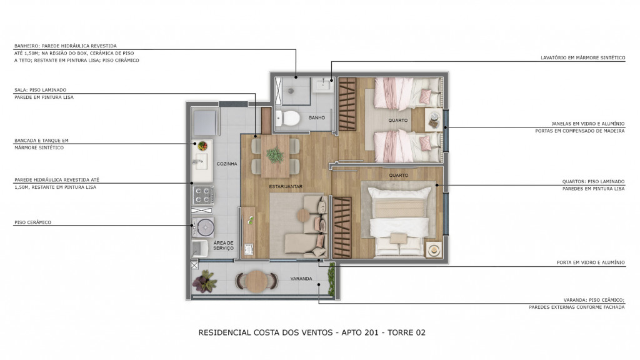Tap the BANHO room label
[x=317, y=117]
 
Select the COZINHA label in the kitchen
[x=227, y=164]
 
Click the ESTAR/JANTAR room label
[x=286, y=186]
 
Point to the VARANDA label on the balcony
[x=301, y=278]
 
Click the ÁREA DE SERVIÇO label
[x=223, y=245]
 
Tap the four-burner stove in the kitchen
[x=203, y=195]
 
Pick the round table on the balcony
[x=256, y=281]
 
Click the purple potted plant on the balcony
[x=204, y=281]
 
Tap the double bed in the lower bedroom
[x=399, y=221]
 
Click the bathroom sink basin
[x=324, y=85]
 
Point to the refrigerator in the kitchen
[x=204, y=122]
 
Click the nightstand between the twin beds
[x=434, y=119]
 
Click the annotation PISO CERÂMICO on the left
[x=33, y=222]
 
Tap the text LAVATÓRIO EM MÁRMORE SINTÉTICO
[x=583, y=58]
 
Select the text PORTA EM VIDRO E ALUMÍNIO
[x=591, y=262]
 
